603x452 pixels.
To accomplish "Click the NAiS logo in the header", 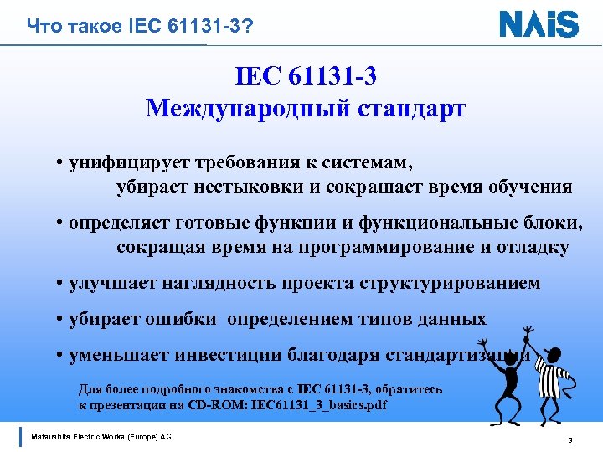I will (539, 23).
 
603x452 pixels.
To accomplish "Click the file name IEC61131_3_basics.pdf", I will (325, 405).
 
